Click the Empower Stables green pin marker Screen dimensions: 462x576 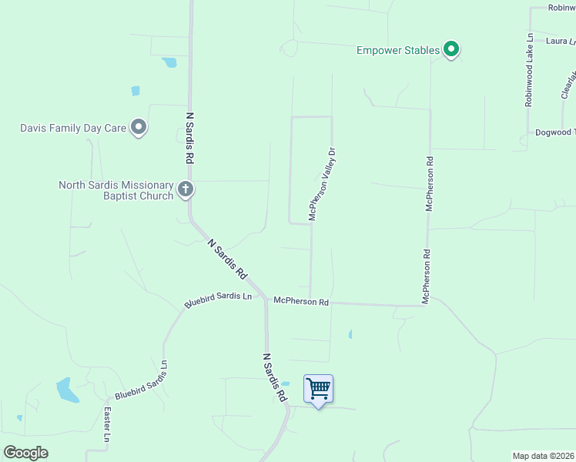point(452,51)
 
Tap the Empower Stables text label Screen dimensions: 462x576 point(398,51)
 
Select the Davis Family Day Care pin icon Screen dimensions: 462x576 point(139,127)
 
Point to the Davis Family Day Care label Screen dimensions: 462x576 point(72,127)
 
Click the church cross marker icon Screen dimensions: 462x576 point(185,189)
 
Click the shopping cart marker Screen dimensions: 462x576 point(318,389)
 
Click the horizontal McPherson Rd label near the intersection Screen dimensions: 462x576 point(301,302)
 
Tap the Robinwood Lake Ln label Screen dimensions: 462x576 point(529,69)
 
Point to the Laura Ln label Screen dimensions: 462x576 point(560,41)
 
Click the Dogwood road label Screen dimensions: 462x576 point(554,132)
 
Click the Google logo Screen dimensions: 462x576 point(25,452)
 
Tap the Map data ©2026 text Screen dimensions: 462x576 point(544,456)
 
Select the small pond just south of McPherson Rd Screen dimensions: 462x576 point(350,334)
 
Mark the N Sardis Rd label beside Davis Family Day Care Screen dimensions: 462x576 point(189,138)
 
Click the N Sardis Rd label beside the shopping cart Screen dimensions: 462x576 point(274,378)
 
